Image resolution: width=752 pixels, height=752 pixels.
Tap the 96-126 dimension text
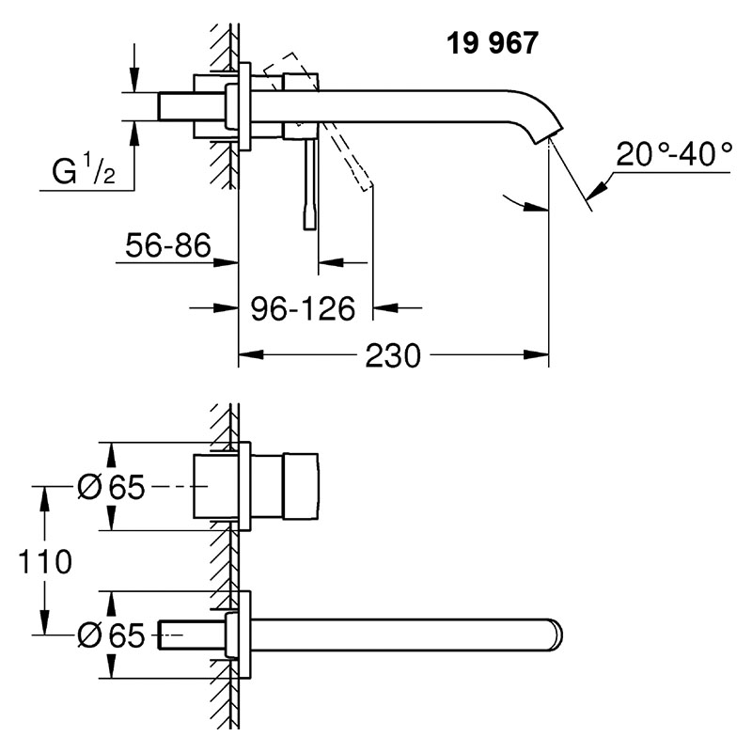(302, 307)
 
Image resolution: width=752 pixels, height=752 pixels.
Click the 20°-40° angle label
(674, 152)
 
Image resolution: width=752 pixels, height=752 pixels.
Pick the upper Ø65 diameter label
(110, 488)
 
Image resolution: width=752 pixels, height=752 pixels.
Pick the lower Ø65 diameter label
(110, 636)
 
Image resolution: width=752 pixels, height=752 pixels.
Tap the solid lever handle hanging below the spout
(307, 183)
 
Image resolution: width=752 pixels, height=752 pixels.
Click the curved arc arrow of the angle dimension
(522, 200)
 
